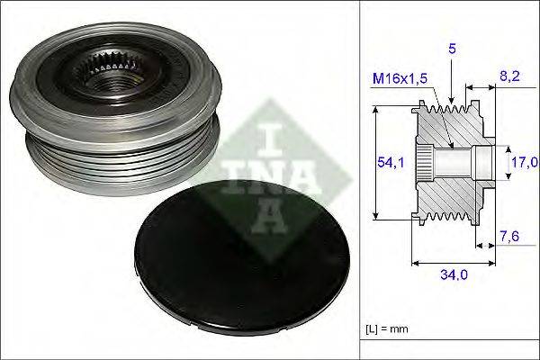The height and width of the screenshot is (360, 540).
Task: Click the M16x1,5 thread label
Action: tap(400, 78)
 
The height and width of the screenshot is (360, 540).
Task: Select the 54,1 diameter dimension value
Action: tap(391, 162)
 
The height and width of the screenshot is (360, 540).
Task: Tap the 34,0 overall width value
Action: tap(454, 274)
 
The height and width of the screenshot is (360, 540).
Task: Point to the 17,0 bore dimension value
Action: tap(525, 162)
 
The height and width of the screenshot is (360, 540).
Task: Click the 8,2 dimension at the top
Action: tap(509, 76)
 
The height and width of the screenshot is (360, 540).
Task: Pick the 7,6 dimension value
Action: tap(508, 237)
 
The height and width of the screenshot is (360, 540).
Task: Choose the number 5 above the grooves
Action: tap(452, 49)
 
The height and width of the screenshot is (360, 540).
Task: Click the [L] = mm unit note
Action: tap(387, 328)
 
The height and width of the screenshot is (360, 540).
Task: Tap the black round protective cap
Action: tap(243, 257)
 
